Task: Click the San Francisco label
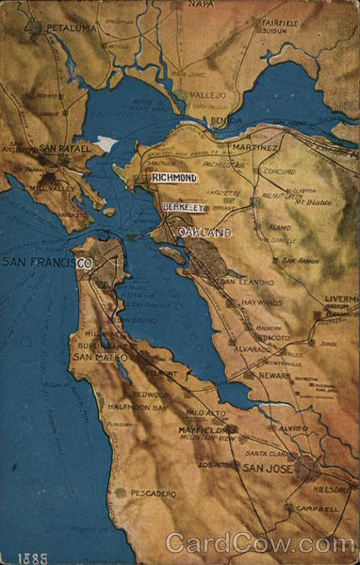[x=46, y=263]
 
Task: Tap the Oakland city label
[x=205, y=232]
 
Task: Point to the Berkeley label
[x=183, y=206]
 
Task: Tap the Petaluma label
[x=71, y=29]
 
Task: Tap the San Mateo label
[x=99, y=358]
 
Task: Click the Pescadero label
[x=154, y=492]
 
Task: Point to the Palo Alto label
[x=206, y=413]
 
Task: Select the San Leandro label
[x=246, y=282]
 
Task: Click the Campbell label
[x=317, y=508]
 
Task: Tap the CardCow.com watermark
[x=260, y=543]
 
